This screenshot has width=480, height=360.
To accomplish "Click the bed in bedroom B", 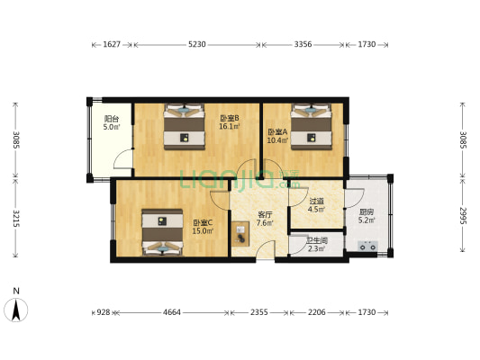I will coord(186,127).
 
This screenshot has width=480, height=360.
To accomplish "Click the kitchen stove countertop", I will coord(368,242).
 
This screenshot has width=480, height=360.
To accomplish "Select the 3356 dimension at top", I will coord(303,43).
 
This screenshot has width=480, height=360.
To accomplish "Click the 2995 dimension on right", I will coord(463,218).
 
